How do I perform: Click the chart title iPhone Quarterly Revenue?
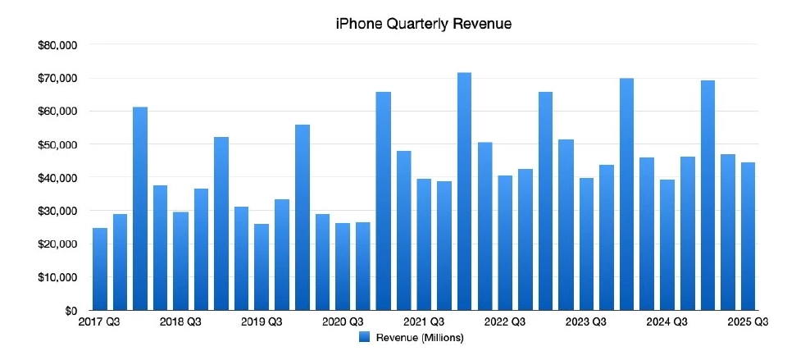pyautogui.click(x=424, y=25)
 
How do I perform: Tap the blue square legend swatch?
pyautogui.click(x=365, y=337)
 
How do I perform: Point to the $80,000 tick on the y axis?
pyautogui.click(x=57, y=45)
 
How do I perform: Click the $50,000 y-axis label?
pyautogui.click(x=57, y=144)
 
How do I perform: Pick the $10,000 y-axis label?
pyautogui.click(x=57, y=277)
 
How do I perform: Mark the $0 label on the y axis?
pyautogui.click(x=70, y=311)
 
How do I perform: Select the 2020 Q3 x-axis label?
pyautogui.click(x=343, y=322)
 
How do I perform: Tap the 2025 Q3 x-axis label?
pyautogui.click(x=748, y=322)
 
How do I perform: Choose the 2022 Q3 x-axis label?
pyautogui.click(x=505, y=322)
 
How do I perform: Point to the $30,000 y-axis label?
pyautogui.click(x=57, y=211)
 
